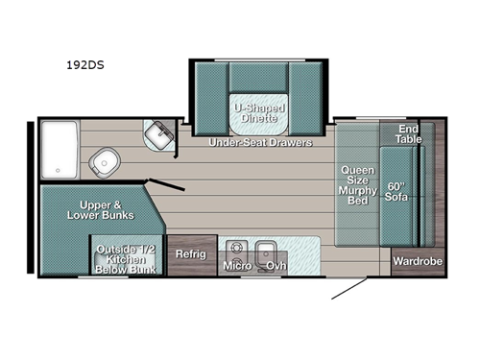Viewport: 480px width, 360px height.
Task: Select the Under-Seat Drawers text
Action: pos(260,142)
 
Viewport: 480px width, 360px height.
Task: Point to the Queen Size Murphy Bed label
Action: pos(357,183)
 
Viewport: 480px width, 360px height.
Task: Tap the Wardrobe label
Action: pos(418,260)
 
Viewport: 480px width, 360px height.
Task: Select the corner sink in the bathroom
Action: pos(156,133)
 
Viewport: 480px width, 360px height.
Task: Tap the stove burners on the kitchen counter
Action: pos(231,244)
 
